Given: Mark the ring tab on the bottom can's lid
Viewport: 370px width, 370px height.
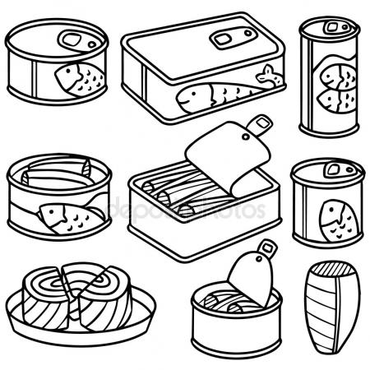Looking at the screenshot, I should point(266,247).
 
